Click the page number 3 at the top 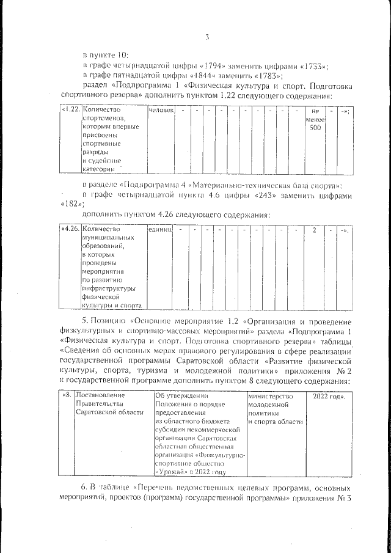coord(207,37)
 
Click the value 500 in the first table coord(315,128)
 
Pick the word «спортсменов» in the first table coord(102,119)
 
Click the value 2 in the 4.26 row coord(314,229)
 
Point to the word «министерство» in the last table coord(271,396)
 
